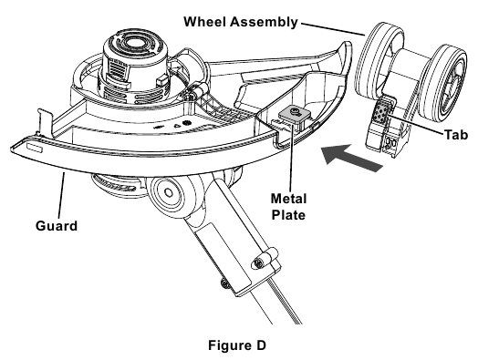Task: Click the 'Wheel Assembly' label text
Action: point(241,22)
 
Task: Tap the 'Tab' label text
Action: point(456,135)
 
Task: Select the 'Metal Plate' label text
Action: point(288,207)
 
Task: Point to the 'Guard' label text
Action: point(57,226)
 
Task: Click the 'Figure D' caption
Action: point(237,345)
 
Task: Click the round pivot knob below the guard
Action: point(169,193)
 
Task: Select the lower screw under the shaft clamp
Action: point(226,283)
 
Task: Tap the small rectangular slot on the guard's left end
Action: point(34,147)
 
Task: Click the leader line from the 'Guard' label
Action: point(60,195)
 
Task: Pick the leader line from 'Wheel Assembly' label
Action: point(333,29)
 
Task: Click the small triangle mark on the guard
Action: point(177,125)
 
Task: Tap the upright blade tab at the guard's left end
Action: point(44,123)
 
